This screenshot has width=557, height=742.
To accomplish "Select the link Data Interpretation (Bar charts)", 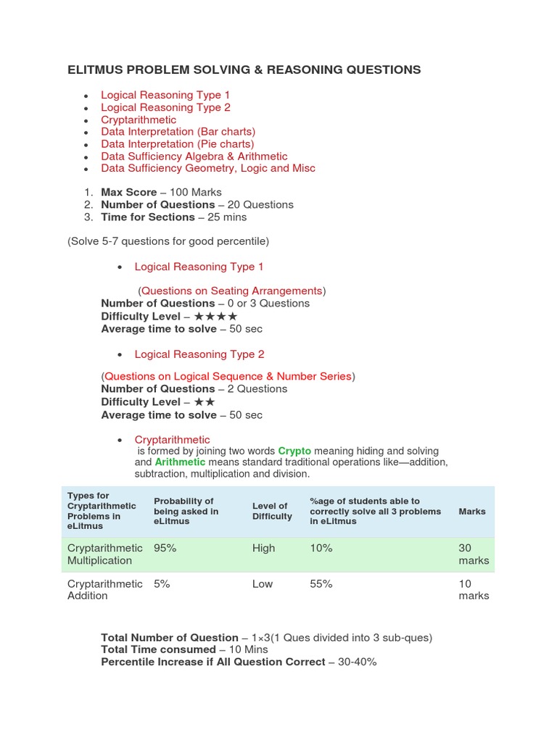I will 178,132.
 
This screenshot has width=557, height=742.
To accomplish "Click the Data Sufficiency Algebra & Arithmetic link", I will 194,157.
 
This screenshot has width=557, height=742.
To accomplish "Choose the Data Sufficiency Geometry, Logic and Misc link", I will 207,168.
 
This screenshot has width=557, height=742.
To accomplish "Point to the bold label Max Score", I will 128,192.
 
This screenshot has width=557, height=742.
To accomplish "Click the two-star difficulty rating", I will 204,402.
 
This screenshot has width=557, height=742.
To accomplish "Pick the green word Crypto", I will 294,450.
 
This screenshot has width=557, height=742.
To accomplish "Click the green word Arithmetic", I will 180,462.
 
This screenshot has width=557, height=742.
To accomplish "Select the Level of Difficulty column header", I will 272,511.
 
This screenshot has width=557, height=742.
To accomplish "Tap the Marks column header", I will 471,511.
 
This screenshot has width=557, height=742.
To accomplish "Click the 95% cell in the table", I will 165,549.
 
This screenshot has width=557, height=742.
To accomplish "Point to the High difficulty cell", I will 263,549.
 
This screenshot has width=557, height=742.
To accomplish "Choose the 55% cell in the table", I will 321,584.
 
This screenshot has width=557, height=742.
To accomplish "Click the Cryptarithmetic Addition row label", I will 104,590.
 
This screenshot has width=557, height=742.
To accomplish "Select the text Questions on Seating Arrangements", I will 231,291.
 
